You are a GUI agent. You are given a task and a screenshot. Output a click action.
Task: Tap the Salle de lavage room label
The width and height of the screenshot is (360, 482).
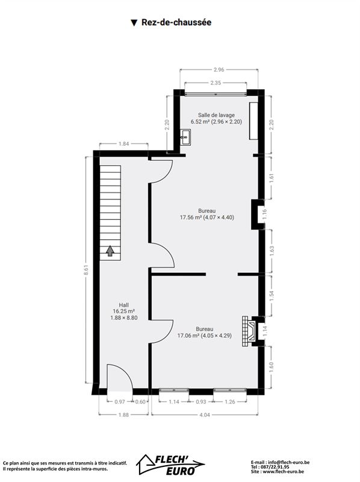(216, 115)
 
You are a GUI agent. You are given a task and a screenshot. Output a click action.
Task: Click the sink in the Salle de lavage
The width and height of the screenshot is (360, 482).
(185, 137)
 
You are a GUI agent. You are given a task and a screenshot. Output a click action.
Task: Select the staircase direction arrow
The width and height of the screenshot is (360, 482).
(110, 251)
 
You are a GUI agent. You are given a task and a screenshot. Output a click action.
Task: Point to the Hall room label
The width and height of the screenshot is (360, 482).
(124, 305)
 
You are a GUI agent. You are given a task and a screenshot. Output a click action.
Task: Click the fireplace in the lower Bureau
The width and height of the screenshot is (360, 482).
(249, 331)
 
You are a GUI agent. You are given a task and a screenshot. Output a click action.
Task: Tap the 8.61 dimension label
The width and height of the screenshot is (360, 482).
(87, 270)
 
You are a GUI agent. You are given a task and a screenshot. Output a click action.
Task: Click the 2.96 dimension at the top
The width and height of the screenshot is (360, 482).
(219, 70)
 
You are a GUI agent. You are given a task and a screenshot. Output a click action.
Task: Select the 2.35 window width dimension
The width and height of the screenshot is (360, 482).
(216, 83)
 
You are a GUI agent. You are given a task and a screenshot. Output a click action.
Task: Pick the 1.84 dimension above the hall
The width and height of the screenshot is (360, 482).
(123, 143)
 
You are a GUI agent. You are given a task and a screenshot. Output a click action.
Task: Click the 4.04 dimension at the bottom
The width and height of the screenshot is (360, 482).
(205, 415)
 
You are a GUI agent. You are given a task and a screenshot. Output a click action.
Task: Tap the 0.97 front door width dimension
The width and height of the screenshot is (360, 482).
(120, 402)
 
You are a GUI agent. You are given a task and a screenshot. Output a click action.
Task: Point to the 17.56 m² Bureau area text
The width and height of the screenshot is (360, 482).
(207, 218)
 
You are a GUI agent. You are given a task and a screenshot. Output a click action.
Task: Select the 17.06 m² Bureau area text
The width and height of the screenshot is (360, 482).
(205, 336)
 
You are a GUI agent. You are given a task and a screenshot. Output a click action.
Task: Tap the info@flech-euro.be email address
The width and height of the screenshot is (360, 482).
(289, 462)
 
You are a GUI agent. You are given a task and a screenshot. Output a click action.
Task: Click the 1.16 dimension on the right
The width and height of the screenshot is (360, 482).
(265, 214)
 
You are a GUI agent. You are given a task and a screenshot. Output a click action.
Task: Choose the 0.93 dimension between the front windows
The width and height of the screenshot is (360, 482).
(201, 402)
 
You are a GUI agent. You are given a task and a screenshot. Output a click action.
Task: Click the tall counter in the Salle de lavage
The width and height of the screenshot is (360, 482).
(253, 121)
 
